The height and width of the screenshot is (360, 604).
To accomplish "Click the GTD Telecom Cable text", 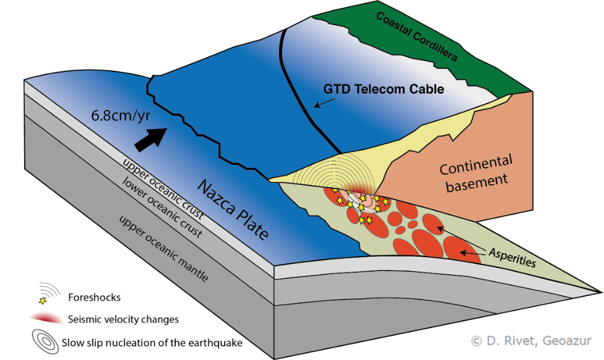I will coord(384,89).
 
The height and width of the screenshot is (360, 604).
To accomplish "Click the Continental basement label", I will coord(476,172).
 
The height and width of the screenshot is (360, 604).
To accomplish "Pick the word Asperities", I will coord(513,257).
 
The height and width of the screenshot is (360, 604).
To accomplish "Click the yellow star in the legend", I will coord(42,300).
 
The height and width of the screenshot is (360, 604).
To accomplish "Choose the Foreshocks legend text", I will coord(95,297).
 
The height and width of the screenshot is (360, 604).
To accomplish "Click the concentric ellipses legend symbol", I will coord(43,341).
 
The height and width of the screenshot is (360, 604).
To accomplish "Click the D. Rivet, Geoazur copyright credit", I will coord(531,341).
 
